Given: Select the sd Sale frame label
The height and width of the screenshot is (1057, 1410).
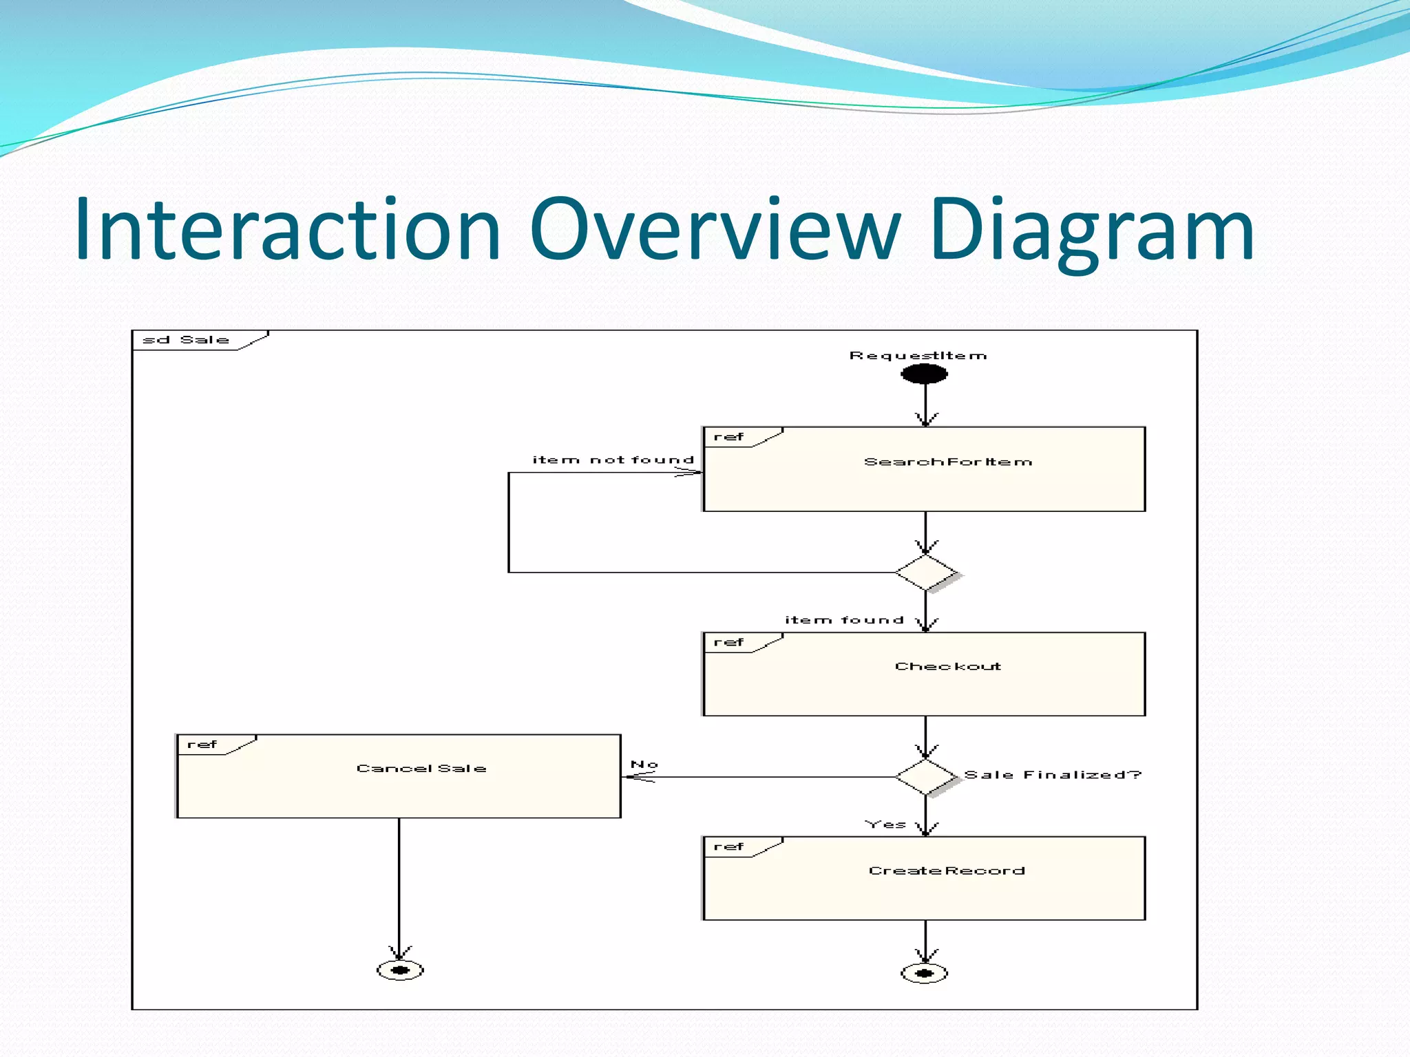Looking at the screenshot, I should pyautogui.click(x=185, y=340).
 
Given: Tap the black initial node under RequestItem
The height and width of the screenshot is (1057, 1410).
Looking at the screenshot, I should pyautogui.click(x=925, y=374).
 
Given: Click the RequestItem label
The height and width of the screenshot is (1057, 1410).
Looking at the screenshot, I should pyautogui.click(x=918, y=356).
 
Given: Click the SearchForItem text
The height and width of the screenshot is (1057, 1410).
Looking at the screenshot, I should pyautogui.click(x=948, y=462).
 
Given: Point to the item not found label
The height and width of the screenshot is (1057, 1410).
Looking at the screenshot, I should pyautogui.click(x=613, y=460).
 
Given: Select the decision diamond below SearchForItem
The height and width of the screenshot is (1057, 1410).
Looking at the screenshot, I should pyautogui.click(x=926, y=573).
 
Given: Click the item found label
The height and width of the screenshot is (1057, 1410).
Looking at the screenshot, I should pyautogui.click(x=844, y=620).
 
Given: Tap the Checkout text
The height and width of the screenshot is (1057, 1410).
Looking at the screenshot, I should pyautogui.click(x=948, y=666).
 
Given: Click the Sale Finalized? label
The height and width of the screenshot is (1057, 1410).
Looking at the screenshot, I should pyautogui.click(x=1053, y=775).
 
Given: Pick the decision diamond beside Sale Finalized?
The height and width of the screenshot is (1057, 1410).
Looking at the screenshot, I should pyautogui.click(x=926, y=777).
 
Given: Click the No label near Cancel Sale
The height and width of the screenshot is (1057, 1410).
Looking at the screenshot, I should pyautogui.click(x=644, y=765).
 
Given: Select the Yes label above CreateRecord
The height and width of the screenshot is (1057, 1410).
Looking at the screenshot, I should pyautogui.click(x=885, y=824).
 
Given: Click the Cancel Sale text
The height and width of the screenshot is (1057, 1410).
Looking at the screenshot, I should pyautogui.click(x=421, y=768).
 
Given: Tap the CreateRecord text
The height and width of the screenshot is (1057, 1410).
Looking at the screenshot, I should pyautogui.click(x=947, y=871).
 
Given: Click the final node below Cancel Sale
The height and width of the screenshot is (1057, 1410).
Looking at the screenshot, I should pyautogui.click(x=400, y=970).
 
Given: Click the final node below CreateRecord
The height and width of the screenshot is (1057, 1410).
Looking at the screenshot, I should pyautogui.click(x=925, y=973).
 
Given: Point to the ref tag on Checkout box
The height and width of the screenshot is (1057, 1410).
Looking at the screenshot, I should pyautogui.click(x=728, y=642).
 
